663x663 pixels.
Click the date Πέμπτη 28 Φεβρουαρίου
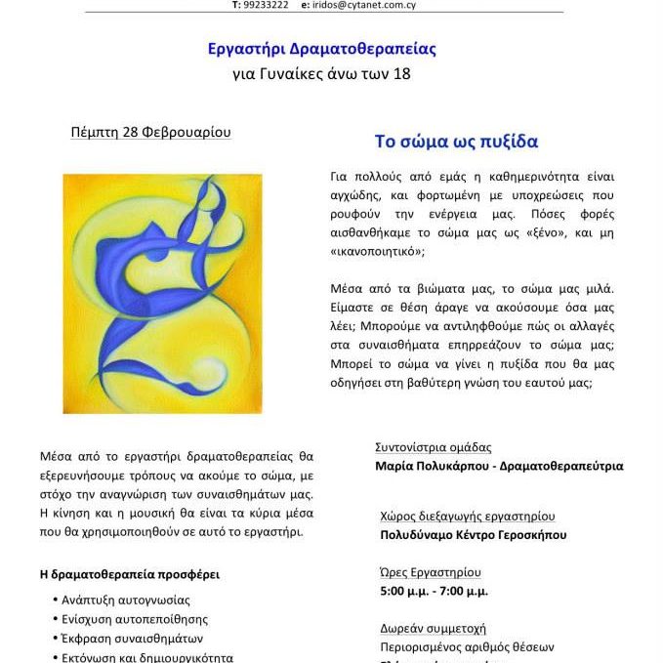coord(151,133)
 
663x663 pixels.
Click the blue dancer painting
coord(162,279)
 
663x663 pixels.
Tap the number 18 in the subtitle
coord(401,73)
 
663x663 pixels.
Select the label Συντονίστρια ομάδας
coord(433,447)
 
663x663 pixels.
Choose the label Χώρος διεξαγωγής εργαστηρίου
coord(468,516)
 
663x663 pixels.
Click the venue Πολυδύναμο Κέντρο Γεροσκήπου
coord(473,534)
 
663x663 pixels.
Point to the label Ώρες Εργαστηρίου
coord(431,572)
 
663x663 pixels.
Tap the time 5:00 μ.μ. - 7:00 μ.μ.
coord(434,591)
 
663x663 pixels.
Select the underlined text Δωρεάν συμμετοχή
coord(433,628)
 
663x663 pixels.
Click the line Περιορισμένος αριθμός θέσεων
coord(467,646)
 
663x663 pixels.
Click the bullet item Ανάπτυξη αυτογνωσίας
coord(126,600)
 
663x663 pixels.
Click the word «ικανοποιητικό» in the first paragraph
coord(375,251)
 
